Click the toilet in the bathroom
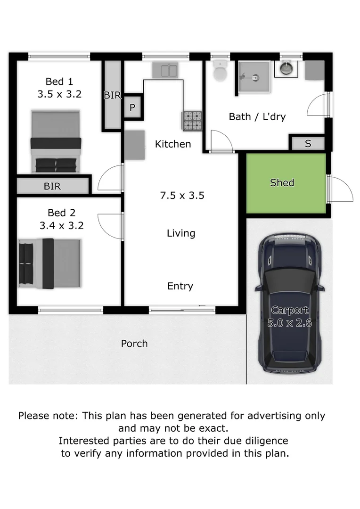tap(220, 72)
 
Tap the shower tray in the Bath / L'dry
tap(254, 76)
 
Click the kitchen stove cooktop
tap(192, 120)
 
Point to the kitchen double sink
tap(164, 71)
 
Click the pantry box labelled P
tap(132, 107)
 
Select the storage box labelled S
tap(308, 143)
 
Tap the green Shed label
tap(282, 182)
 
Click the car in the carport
tap(288, 302)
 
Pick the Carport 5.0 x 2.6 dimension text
tap(289, 317)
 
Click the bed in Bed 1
tap(56, 141)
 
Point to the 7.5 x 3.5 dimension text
tap(182, 195)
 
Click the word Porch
tap(134, 344)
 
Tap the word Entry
tap(180, 286)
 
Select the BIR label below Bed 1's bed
tap(52, 186)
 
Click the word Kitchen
tap(173, 144)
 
